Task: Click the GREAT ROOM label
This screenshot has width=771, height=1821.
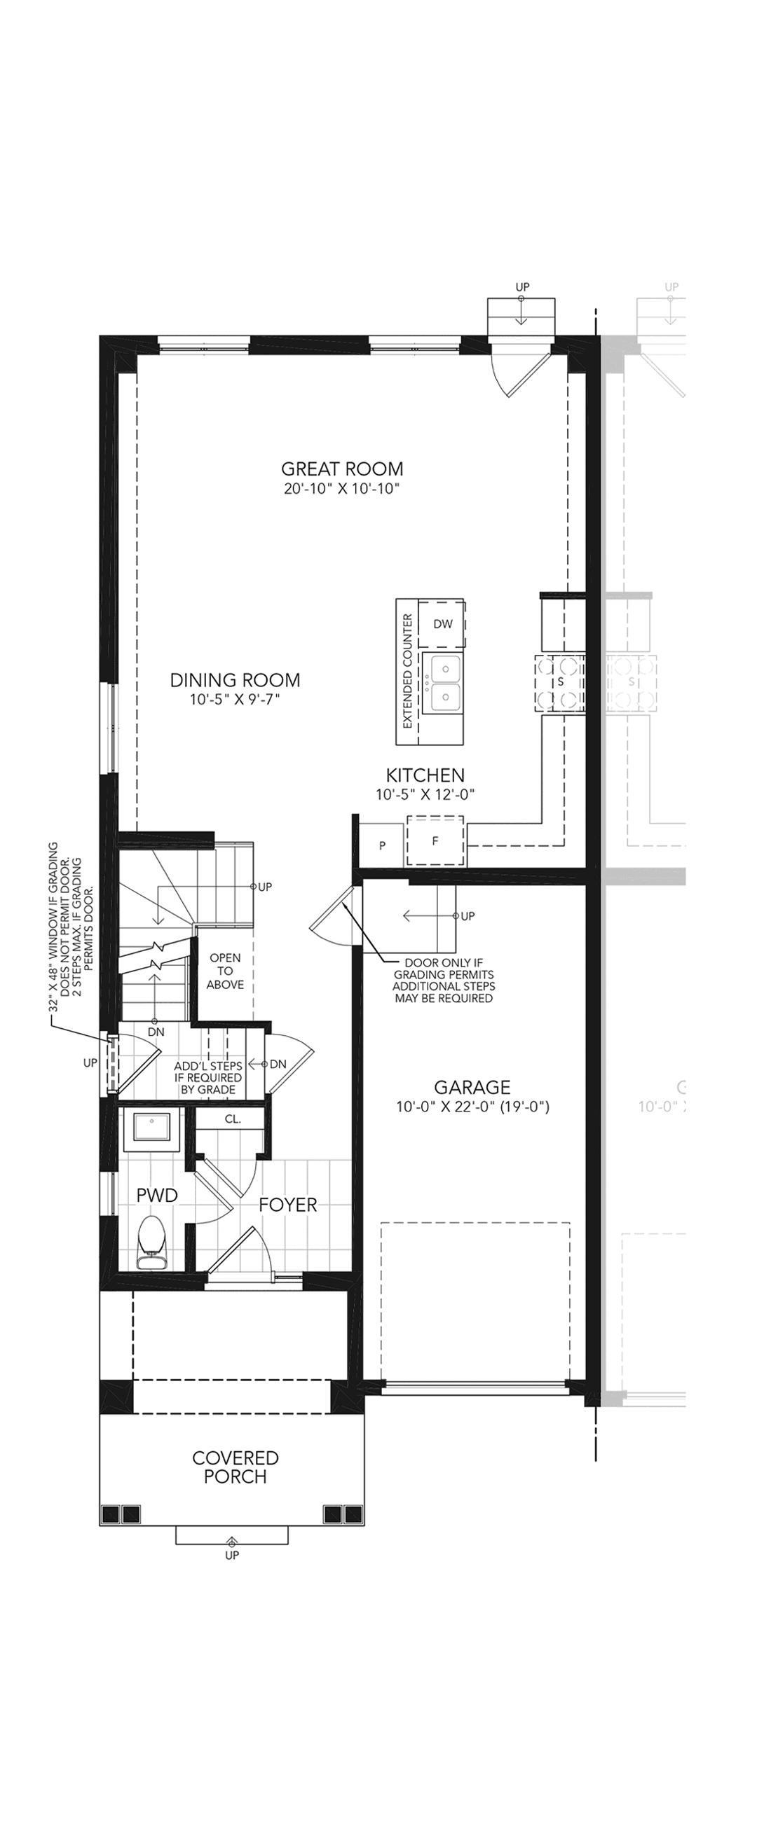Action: [x=342, y=469]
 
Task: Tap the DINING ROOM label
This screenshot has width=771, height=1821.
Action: [x=235, y=680]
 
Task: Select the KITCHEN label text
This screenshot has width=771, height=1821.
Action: [x=425, y=775]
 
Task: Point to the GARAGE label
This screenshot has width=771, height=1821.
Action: [x=472, y=1087]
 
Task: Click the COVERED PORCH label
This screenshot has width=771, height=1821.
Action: [x=236, y=1467]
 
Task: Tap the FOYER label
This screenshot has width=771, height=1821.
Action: [x=288, y=1205]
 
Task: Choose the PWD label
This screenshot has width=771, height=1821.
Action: [x=157, y=1196]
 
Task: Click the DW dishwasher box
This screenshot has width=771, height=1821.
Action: [x=442, y=623]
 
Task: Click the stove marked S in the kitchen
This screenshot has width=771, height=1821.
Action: [x=560, y=682]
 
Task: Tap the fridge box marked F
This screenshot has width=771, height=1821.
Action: [x=436, y=840]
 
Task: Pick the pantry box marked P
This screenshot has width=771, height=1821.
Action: [x=382, y=845]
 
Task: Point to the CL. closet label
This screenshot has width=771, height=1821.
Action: [x=233, y=1119]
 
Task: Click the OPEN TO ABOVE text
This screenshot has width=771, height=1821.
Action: [x=226, y=971]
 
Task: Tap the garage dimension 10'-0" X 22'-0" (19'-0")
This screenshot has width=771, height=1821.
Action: [x=472, y=1107]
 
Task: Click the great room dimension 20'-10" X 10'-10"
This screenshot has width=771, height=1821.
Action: [x=342, y=488]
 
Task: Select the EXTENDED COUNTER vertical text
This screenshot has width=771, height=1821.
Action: [x=407, y=672]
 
